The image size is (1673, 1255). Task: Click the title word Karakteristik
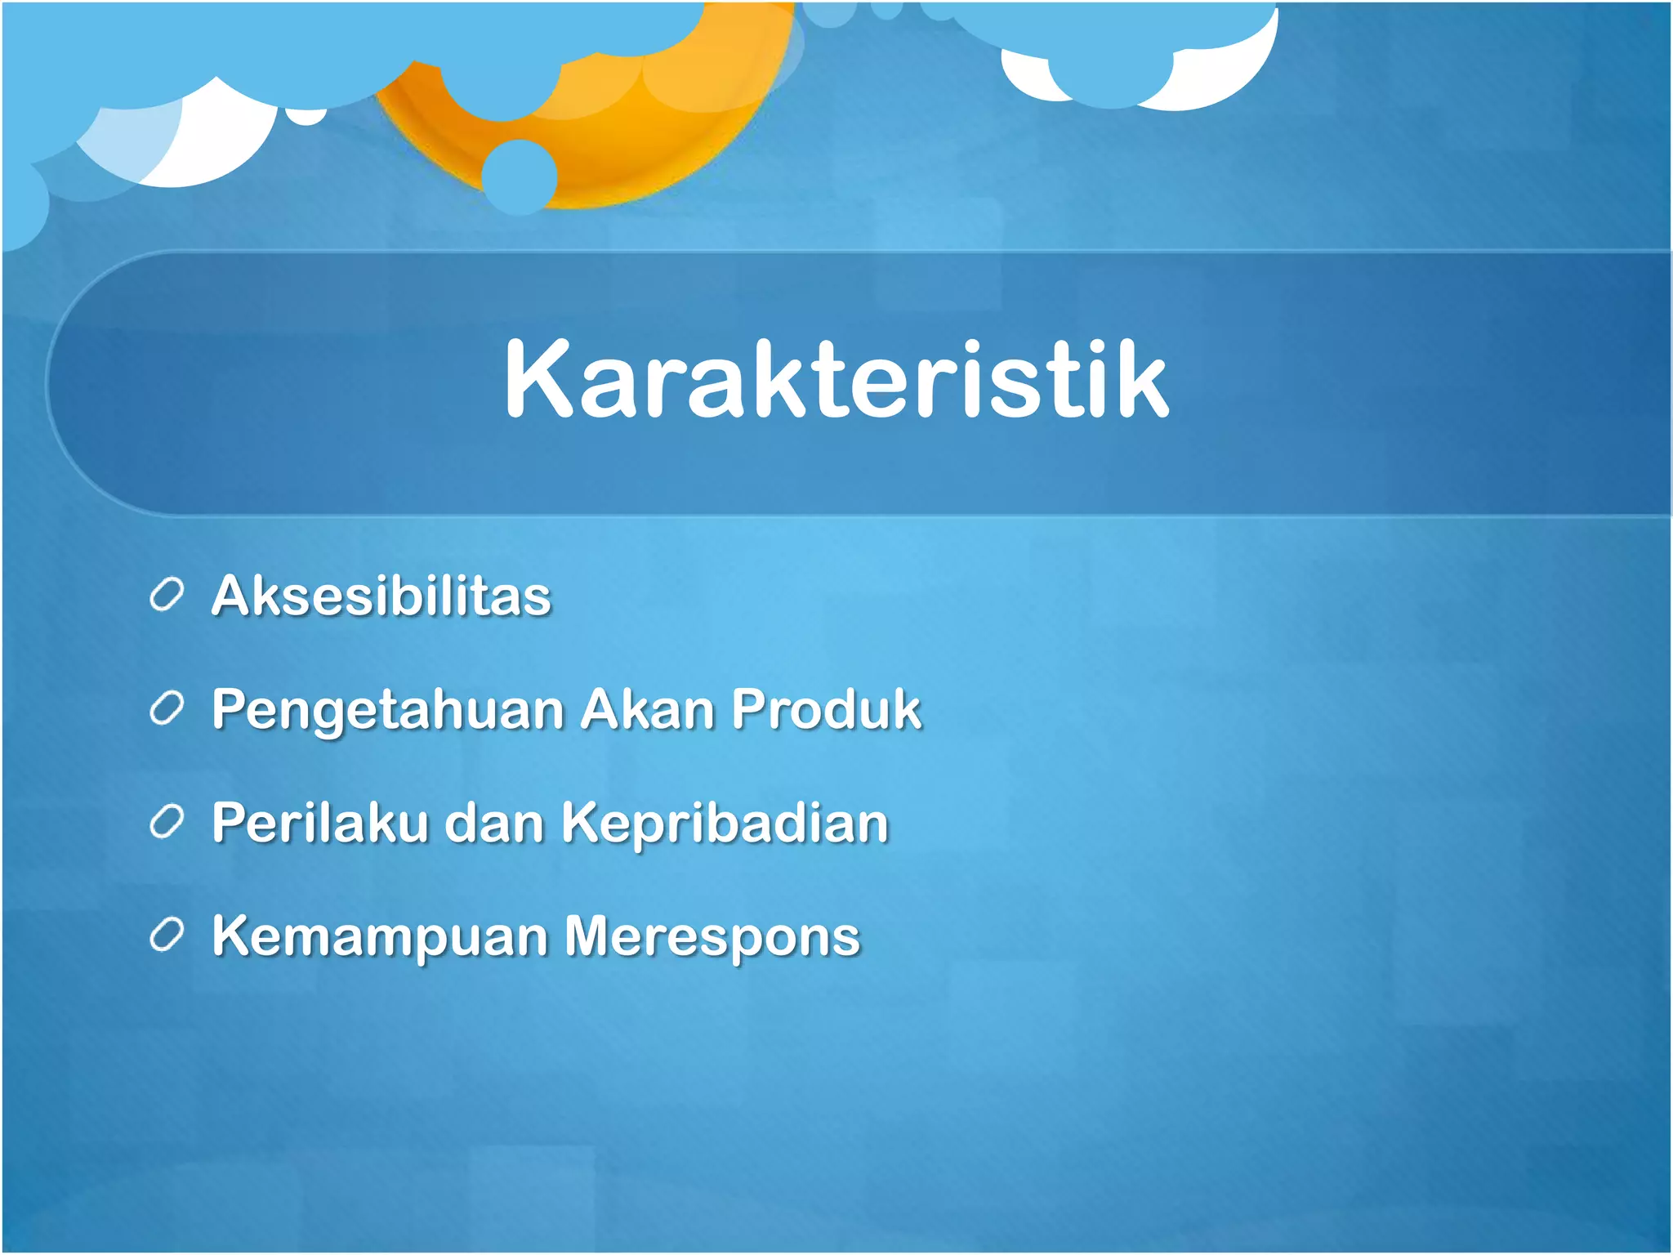[836, 381]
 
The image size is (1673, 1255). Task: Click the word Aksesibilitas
[381, 596]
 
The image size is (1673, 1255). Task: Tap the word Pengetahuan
[388, 709]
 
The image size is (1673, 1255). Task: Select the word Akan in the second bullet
[647, 708]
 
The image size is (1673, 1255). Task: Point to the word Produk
[826, 708]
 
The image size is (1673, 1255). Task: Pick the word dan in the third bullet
[494, 822]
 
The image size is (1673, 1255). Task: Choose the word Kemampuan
[380, 936]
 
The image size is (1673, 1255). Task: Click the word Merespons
[712, 936]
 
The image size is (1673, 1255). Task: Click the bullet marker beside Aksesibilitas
[167, 596]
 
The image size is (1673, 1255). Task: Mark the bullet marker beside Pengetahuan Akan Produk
[167, 709]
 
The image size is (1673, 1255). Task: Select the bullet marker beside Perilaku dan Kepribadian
[167, 823]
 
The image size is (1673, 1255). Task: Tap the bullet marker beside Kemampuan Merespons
[167, 936]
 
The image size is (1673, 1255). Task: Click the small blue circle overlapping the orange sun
[520, 176]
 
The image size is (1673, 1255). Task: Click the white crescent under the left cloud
[221, 147]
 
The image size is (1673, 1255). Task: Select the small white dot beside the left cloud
[308, 118]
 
